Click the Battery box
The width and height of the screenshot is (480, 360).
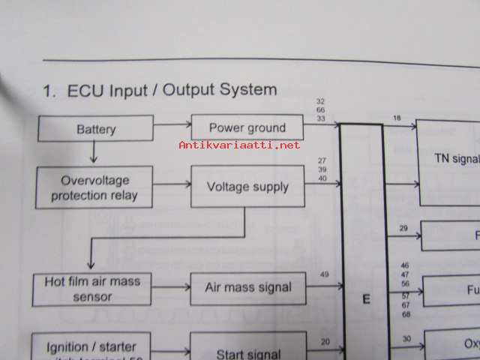coord(96,129)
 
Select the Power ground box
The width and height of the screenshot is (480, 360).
coord(247,127)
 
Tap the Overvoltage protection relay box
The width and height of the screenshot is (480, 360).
coord(95,187)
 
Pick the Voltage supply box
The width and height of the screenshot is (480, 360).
coord(247,187)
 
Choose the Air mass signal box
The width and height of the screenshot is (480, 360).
coord(248,288)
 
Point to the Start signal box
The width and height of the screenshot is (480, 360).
coord(248,351)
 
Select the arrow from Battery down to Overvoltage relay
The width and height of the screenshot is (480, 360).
coord(94,153)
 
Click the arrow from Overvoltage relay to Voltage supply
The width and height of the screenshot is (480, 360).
coord(172,184)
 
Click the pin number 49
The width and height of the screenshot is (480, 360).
coord(324,274)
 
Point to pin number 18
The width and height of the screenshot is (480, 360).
coord(397,117)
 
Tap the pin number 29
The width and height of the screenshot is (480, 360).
coord(403,228)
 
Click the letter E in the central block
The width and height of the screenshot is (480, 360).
coord(366,300)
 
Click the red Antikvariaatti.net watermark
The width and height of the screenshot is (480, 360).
coord(239,145)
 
